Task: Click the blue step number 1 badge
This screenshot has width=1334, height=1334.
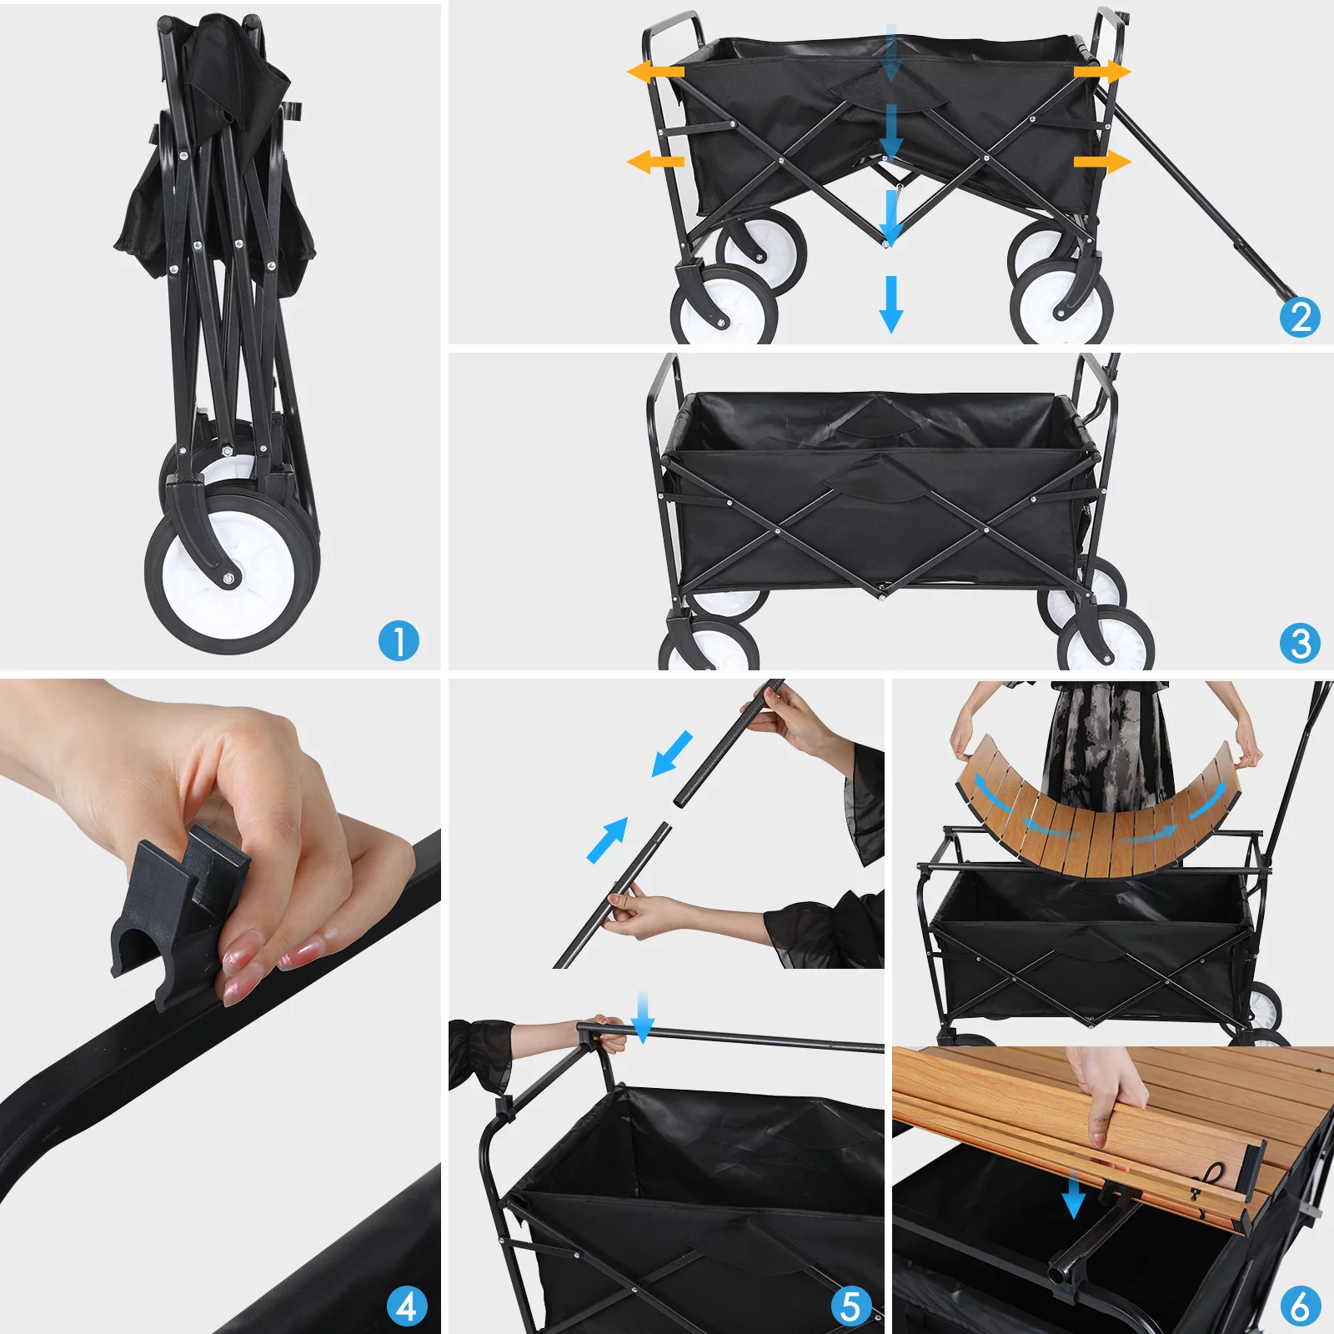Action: click(399, 641)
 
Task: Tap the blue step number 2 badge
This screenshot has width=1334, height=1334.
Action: click(1300, 317)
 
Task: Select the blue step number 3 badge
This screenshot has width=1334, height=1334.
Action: click(1300, 643)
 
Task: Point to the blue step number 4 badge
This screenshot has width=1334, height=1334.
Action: click(407, 1306)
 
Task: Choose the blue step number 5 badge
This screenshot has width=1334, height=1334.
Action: click(850, 1306)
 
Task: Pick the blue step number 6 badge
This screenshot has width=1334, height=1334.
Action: click(1300, 1306)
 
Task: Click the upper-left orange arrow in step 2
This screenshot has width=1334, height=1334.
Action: click(655, 72)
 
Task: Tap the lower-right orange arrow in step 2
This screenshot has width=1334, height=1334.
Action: click(1102, 160)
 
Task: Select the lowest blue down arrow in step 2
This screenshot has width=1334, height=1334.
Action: click(891, 304)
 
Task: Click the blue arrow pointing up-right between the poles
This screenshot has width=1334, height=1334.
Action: click(608, 840)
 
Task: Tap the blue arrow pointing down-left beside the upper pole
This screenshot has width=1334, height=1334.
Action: click(672, 754)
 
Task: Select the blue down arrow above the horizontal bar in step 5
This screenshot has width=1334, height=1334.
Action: click(642, 1018)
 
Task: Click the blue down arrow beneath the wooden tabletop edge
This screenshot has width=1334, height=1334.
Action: click(1074, 1194)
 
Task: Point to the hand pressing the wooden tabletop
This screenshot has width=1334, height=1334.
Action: click(1105, 1092)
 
